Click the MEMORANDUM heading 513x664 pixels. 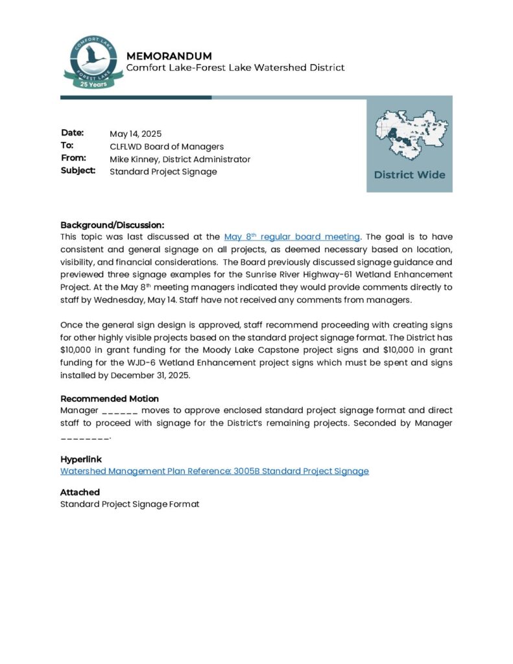pyautogui.click(x=169, y=56)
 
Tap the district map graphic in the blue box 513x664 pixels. pyautogui.click(x=409, y=134)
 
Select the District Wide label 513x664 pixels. pyautogui.click(x=409, y=175)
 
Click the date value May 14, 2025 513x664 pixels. pyautogui.click(x=136, y=134)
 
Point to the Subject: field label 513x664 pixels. pyautogui.click(x=78, y=171)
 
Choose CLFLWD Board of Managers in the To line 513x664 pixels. pyautogui.click(x=167, y=147)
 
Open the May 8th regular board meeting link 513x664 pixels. pyautogui.click(x=291, y=237)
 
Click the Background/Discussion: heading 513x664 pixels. pyautogui.click(x=112, y=224)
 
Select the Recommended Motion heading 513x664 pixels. pyautogui.click(x=110, y=399)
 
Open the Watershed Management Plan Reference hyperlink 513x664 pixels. pyautogui.click(x=214, y=471)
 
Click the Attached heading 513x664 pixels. pyautogui.click(x=80, y=492)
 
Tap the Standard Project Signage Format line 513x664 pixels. pyautogui.click(x=130, y=504)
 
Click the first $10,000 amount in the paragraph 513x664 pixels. pyautogui.click(x=77, y=350)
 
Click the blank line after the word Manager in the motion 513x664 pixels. pyautogui.click(x=120, y=411)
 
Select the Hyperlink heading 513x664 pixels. pyautogui.click(x=81, y=459)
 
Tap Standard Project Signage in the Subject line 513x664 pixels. pyautogui.click(x=163, y=172)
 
